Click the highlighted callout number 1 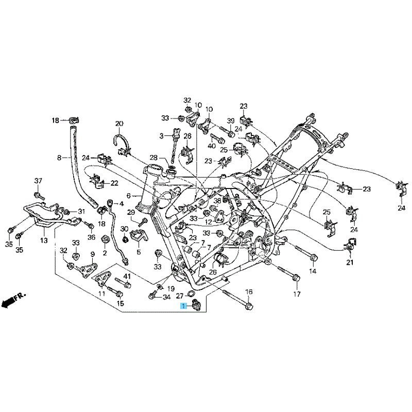(x=182, y=306)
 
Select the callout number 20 (x=119, y=124)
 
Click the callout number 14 (x=313, y=271)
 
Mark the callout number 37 (x=38, y=180)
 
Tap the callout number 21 (x=350, y=263)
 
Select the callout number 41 (x=127, y=277)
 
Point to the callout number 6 (x=129, y=196)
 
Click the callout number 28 (x=153, y=157)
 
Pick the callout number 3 (x=161, y=136)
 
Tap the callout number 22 (x=114, y=183)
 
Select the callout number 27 (x=179, y=296)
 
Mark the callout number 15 (x=120, y=303)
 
